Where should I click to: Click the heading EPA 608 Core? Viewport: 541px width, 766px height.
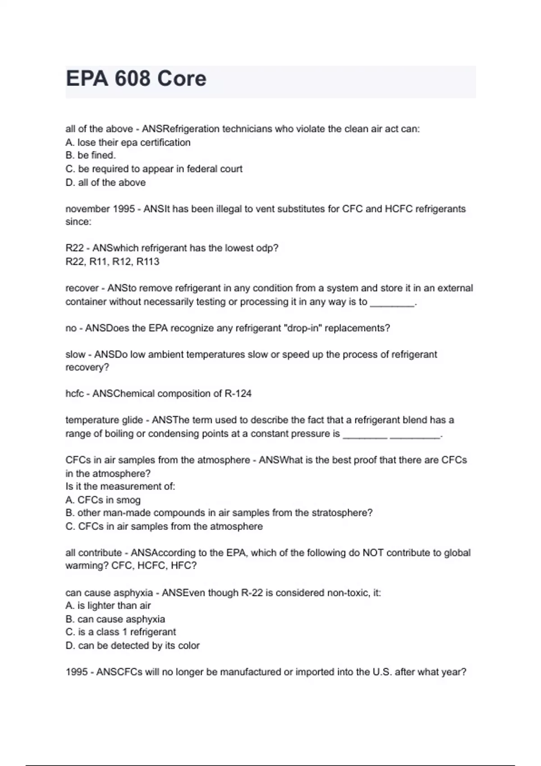click(136, 79)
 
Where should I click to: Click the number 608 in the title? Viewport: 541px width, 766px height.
click(132, 79)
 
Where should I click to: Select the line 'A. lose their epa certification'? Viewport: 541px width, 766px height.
click(128, 142)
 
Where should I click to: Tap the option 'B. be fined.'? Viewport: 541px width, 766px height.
click(91, 155)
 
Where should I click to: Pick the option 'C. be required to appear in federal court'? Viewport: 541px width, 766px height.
click(154, 169)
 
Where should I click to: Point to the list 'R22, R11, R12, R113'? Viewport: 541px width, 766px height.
click(112, 262)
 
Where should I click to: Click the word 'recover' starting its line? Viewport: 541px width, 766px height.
click(82, 288)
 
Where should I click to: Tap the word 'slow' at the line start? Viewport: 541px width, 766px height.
click(75, 355)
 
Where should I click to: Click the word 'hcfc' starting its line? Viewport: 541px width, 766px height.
click(75, 394)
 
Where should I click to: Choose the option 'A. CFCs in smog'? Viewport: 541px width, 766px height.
click(103, 500)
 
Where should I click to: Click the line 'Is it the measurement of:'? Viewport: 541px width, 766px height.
click(120, 487)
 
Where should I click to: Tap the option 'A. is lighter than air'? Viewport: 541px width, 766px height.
click(108, 606)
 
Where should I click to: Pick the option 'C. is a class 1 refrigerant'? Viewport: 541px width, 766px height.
click(121, 632)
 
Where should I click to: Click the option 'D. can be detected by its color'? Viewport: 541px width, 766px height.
click(133, 646)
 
